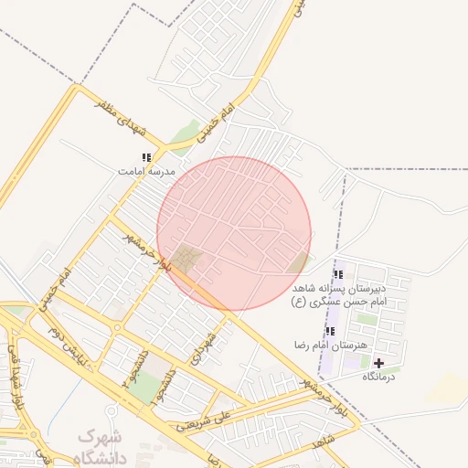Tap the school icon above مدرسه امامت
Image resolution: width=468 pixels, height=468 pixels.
(146, 158)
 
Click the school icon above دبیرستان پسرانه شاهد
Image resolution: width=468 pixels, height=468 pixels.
(338, 274)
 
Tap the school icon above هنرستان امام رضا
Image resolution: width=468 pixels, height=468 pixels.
(330, 331)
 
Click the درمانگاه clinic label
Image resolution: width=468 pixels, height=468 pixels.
(382, 376)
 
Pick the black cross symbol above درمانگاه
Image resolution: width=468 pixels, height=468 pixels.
(379, 363)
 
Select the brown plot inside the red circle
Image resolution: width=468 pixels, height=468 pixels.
(188, 259)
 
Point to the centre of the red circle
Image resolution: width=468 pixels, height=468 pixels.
(234, 233)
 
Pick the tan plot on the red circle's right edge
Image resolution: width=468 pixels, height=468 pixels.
(299, 263)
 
